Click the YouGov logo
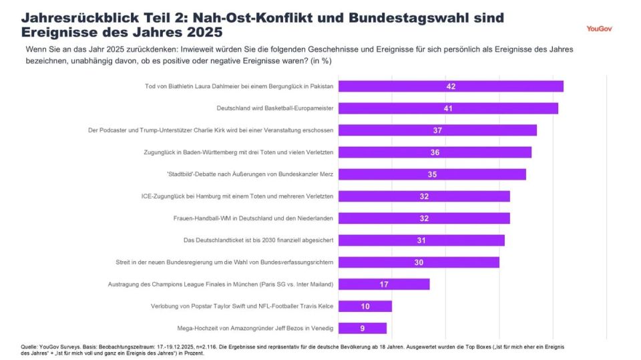pyautogui.click(x=599, y=29)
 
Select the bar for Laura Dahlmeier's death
pyautogui.click(x=451, y=86)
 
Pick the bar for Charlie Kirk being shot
pyautogui.click(x=437, y=130)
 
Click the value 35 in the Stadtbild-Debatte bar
pyautogui.click(x=432, y=174)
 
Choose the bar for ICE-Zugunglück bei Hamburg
pyautogui.click(x=424, y=196)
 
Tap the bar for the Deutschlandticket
pyautogui.click(x=421, y=240)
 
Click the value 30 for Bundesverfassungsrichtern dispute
pyautogui.click(x=419, y=262)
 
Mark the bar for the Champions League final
pyautogui.click(x=384, y=285)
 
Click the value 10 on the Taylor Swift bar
pyautogui.click(x=365, y=307)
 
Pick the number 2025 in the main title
pyautogui.click(x=200, y=32)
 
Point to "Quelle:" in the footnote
pyautogui.click(x=29, y=347)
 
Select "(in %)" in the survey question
pyautogui.click(x=318, y=60)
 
